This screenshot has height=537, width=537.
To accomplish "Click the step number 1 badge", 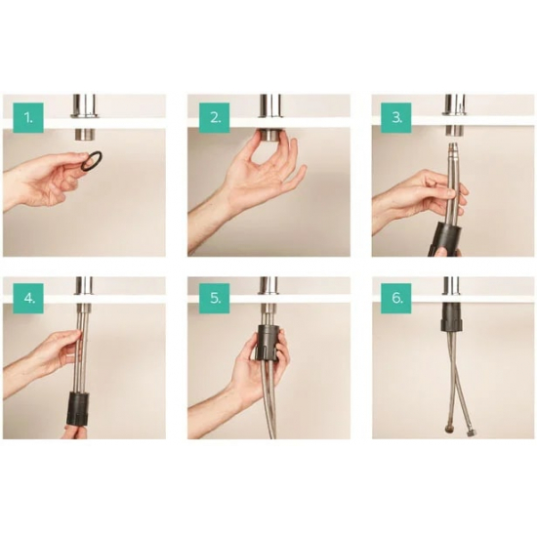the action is (28, 117).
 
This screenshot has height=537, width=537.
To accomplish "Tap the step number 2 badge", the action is (215, 117).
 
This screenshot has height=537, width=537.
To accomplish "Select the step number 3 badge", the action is (396, 117).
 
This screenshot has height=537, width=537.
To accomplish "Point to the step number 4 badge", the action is (28, 299).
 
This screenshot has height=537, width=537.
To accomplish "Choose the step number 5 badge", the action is (215, 299).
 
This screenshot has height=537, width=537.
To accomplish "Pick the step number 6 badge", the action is (396, 299).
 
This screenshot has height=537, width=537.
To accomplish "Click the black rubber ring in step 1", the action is (91, 160).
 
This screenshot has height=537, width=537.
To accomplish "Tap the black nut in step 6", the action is (452, 317).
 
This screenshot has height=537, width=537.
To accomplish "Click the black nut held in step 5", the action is (268, 342).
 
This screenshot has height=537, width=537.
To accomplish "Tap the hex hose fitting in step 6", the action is (471, 433).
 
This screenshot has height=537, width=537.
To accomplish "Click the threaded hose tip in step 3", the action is (453, 149).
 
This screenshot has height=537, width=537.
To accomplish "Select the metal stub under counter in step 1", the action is (84, 135).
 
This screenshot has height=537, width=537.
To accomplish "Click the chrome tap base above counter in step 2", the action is (269, 106).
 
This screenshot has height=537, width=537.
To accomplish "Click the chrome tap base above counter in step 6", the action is (452, 285).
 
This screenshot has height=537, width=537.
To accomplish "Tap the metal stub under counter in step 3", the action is (454, 131).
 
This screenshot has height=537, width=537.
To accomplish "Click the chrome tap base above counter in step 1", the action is (84, 106).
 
